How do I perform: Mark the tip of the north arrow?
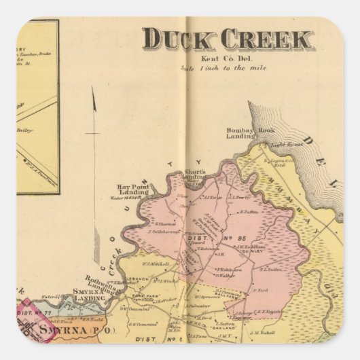point(93,88)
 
